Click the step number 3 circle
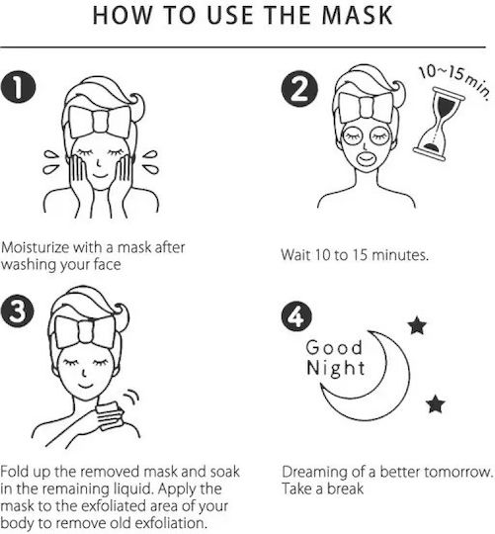point(18,311)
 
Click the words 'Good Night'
point(336,357)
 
